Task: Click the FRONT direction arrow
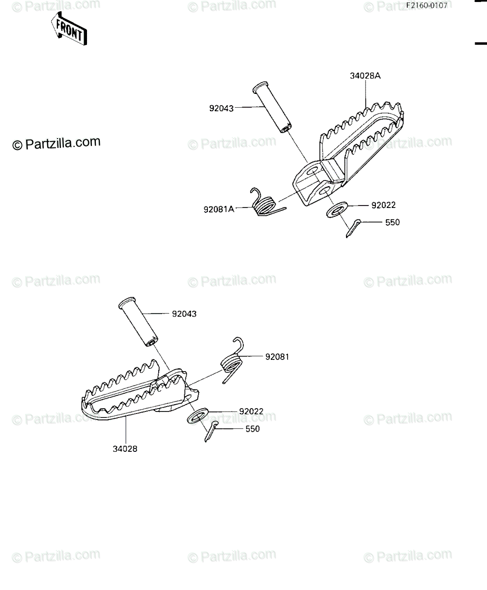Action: [69, 29]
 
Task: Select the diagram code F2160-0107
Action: [427, 5]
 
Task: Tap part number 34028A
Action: [365, 76]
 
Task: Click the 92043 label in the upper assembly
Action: [221, 108]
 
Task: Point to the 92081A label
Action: [219, 209]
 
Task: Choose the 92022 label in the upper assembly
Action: [383, 205]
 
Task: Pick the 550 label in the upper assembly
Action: [392, 222]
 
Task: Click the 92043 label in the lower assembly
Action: [184, 314]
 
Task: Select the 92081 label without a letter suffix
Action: [277, 357]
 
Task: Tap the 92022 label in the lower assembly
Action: [251, 412]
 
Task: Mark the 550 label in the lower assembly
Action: [252, 429]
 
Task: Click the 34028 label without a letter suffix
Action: [125, 449]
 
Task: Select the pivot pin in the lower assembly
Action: [138, 322]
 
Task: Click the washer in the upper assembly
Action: [337, 209]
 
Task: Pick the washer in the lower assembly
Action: [198, 415]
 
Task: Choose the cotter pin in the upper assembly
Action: [353, 228]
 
